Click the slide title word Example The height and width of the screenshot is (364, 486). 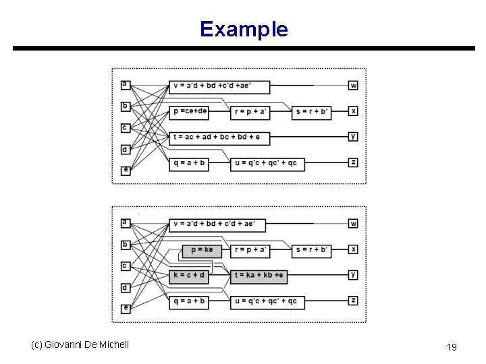pyautogui.click(x=244, y=29)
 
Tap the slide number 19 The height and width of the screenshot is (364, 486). pyautogui.click(x=452, y=347)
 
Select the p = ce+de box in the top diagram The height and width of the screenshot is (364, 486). pyautogui.click(x=190, y=112)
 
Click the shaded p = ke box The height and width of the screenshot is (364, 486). pyautogui.click(x=200, y=250)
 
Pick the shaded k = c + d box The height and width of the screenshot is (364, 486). pyautogui.click(x=189, y=275)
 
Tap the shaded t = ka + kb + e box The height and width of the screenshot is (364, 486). pyautogui.click(x=259, y=275)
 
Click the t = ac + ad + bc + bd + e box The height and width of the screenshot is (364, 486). pyautogui.click(x=219, y=138)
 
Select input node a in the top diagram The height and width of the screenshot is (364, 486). pyautogui.click(x=125, y=84)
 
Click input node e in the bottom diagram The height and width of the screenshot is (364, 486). pyautogui.click(x=126, y=308)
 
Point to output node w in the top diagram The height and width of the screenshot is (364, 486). pyautogui.click(x=354, y=85)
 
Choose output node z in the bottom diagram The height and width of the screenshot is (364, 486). pyautogui.click(x=354, y=300)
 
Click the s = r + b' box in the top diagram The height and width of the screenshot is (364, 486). pyautogui.click(x=312, y=112)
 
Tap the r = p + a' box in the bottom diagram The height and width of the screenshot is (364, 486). pyautogui.click(x=249, y=250)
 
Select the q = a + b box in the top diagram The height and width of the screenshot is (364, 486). pyautogui.click(x=188, y=163)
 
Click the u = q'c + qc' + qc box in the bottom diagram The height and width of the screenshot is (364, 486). pyautogui.click(x=267, y=301)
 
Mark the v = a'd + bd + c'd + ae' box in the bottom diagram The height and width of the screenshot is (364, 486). pyautogui.click(x=217, y=224)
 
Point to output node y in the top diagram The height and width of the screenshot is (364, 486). pyautogui.click(x=354, y=136)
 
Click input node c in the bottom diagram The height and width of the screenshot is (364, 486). pyautogui.click(x=125, y=266)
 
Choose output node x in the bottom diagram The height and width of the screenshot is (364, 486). pyautogui.click(x=354, y=249)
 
